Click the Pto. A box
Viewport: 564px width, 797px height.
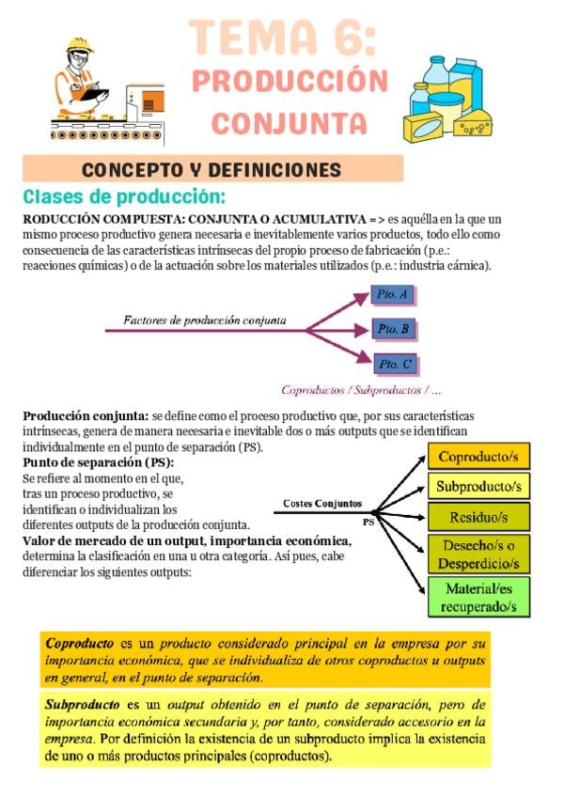tap(392, 294)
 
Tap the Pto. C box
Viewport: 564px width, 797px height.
tap(394, 364)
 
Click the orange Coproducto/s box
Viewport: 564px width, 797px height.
tap(478, 457)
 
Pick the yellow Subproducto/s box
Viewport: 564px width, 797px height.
tap(478, 486)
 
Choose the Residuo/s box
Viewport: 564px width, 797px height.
tap(478, 516)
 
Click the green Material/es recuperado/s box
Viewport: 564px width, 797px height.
tap(478, 597)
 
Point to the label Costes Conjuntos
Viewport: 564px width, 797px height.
tap(322, 504)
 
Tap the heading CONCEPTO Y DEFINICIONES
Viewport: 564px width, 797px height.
tap(211, 170)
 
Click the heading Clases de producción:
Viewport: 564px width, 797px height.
tap(124, 197)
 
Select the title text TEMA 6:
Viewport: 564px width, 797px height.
tap(282, 39)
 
